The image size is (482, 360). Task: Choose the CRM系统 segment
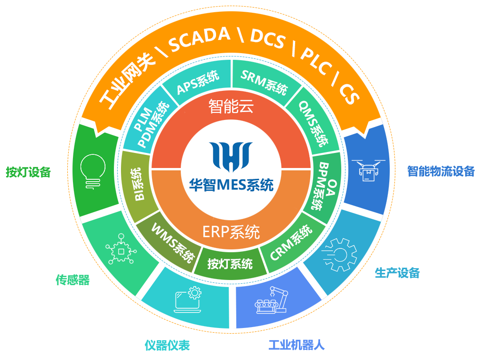point(291,243)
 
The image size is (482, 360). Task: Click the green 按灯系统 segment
point(230,263)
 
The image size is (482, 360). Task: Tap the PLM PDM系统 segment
point(149,125)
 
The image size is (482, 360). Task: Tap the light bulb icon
point(93,172)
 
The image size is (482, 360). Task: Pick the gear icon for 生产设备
point(340,255)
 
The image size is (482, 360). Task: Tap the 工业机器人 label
point(297,345)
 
